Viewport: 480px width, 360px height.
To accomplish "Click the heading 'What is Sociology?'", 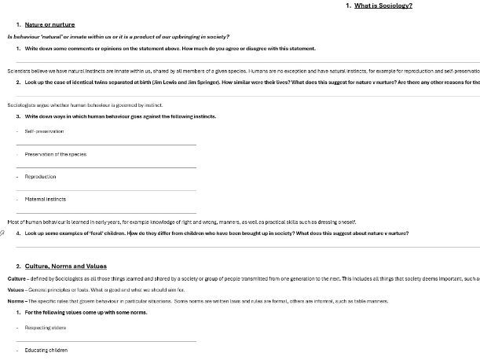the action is (383, 6).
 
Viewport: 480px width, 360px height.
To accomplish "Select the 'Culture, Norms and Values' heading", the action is (65, 266).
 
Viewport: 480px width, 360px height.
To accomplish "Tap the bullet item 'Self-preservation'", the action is (44, 131).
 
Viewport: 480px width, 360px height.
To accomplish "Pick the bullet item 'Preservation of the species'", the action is (56, 154).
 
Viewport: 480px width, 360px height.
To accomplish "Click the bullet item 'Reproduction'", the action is (41, 177).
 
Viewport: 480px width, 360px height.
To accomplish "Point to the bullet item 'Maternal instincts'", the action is (46, 200).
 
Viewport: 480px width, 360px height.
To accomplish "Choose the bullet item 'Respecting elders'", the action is (46, 328).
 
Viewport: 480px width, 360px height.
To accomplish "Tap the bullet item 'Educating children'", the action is (46, 350).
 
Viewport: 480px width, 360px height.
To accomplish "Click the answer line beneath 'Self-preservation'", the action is (106, 145).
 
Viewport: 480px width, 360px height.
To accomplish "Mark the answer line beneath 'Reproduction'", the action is (106, 190).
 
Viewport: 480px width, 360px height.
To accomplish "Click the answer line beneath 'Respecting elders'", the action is (106, 341).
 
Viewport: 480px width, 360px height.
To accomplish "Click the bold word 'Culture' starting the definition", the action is (16, 279).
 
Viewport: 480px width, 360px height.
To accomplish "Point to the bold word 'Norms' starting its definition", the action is (16, 301).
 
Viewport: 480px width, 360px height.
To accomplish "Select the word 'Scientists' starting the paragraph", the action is (19, 71).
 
